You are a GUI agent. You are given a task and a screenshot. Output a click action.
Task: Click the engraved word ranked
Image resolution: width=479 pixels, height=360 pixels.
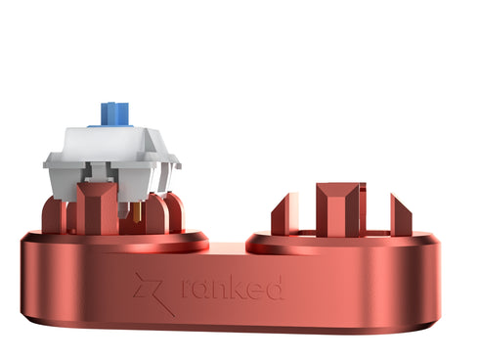[x=233, y=288]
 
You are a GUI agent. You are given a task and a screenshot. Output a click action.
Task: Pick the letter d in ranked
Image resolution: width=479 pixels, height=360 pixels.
[x=275, y=287]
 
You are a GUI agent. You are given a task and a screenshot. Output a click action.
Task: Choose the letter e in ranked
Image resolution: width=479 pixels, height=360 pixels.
[x=254, y=290]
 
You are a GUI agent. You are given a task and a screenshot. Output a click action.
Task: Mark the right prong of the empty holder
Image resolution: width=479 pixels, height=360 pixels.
[x=401, y=215]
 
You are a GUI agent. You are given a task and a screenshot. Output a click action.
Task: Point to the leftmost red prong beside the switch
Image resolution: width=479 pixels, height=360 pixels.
[x=51, y=215]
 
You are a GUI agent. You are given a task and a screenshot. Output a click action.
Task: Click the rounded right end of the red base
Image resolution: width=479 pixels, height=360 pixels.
[x=430, y=284]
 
